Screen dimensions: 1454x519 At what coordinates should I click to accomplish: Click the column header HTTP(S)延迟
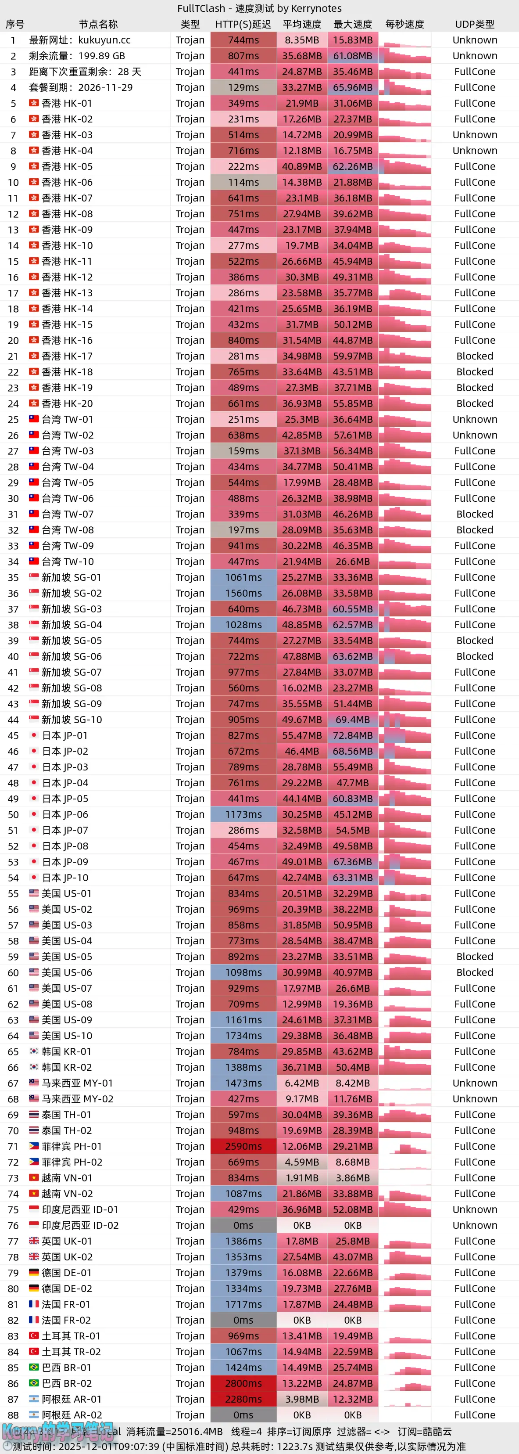(x=243, y=24)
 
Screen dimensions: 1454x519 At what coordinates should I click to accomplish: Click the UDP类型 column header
(x=474, y=24)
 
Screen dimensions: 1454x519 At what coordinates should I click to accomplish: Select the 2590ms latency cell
(x=243, y=1146)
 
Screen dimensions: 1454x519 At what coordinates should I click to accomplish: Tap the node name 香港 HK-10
(x=67, y=245)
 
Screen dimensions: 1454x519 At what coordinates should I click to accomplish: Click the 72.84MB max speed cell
(x=353, y=735)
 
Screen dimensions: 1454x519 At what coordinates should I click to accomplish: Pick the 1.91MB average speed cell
(x=302, y=1178)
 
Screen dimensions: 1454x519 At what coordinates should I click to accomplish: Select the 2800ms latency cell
(x=243, y=1383)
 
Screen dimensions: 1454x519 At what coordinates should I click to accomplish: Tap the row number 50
(x=13, y=814)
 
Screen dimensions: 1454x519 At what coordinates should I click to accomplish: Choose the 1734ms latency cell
(x=243, y=1036)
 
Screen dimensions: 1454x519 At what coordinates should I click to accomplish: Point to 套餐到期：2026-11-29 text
(x=81, y=87)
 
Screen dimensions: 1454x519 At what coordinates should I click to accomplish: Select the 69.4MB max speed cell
(x=353, y=720)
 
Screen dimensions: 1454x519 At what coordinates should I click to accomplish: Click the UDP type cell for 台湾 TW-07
(x=474, y=514)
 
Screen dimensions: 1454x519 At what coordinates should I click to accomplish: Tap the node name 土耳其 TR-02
(x=71, y=1352)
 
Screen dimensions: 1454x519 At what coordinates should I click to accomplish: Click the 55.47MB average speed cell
(x=302, y=735)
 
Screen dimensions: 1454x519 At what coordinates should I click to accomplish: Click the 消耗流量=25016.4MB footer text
(x=175, y=1432)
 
